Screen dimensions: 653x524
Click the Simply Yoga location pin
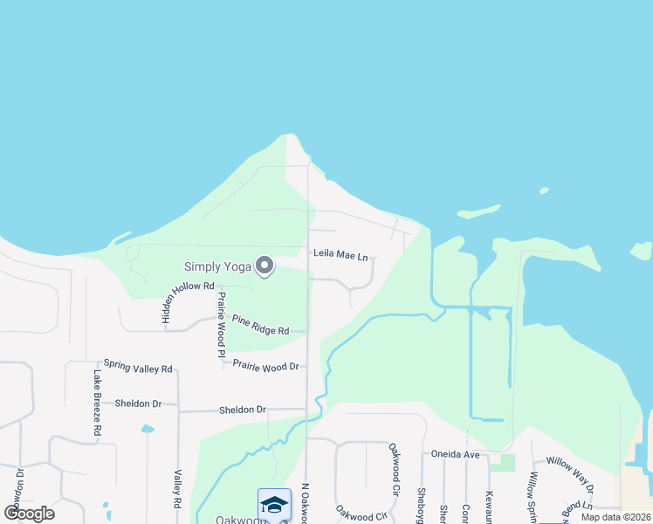[x=264, y=266]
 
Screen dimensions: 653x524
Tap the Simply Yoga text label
[x=217, y=266]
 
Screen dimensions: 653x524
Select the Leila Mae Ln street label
[x=340, y=254]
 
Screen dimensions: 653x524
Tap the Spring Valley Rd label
[x=138, y=367]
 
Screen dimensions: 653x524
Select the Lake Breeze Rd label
[x=98, y=403]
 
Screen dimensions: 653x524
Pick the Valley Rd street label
[x=177, y=489]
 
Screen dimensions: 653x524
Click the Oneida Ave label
[x=455, y=454]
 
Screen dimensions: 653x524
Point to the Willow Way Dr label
[x=569, y=472]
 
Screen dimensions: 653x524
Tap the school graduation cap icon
[x=274, y=504]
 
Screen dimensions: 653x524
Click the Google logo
[x=29, y=514]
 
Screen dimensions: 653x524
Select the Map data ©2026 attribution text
[x=615, y=517]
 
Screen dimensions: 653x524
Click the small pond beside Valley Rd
[x=148, y=429]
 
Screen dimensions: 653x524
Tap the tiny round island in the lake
[x=544, y=190]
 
